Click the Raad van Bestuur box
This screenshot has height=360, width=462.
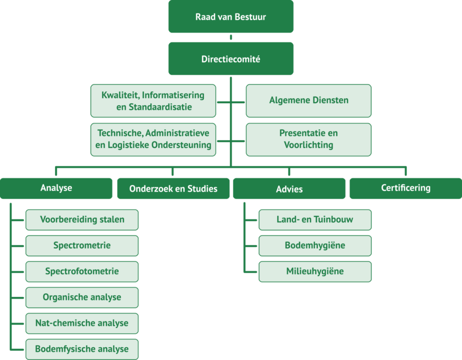tap(230, 17)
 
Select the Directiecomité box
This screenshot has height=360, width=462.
tap(230, 59)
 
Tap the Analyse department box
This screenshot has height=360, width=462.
tap(56, 188)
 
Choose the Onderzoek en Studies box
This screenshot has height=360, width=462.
tap(173, 188)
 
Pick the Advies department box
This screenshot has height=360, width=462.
tap(289, 188)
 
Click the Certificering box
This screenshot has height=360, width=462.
tap(406, 188)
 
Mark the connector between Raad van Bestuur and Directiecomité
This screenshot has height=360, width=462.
tap(231, 37)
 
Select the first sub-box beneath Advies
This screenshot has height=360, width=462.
tap(315, 220)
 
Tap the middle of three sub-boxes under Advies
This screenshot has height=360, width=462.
tap(315, 245)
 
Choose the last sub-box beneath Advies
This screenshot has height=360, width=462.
tap(315, 272)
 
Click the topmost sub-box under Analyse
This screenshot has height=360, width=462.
tap(82, 220)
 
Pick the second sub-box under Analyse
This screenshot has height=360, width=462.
tap(82, 245)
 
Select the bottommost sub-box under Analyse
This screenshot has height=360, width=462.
tap(82, 349)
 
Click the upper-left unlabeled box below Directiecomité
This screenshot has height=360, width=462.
tap(153, 101)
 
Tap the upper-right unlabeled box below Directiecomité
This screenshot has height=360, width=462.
tap(309, 101)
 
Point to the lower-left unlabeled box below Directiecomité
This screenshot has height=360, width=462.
tap(153, 140)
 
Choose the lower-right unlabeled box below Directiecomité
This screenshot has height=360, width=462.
tap(309, 140)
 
